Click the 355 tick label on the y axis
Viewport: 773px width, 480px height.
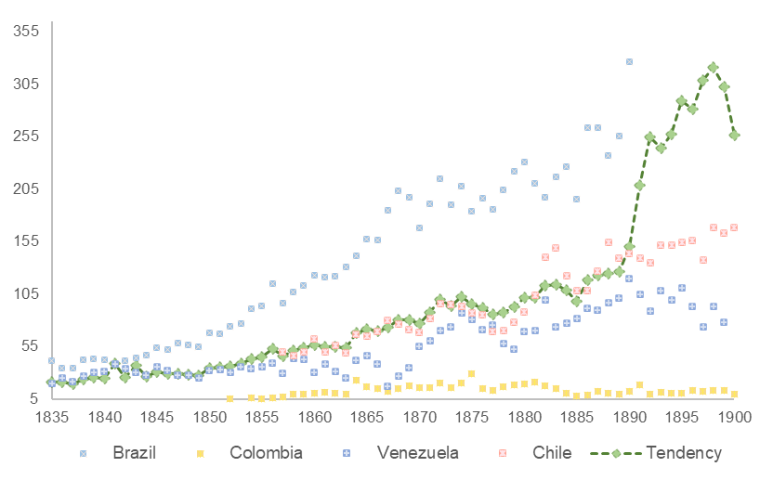[25, 32]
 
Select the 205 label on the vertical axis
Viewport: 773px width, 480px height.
[25, 188]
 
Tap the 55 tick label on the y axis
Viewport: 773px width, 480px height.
[29, 345]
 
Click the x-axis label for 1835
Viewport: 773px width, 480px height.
[51, 417]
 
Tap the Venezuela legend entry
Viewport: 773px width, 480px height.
[413, 453]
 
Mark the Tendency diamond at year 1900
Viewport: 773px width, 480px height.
[734, 135]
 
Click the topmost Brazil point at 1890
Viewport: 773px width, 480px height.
[629, 61]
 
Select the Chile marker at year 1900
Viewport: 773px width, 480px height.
[734, 227]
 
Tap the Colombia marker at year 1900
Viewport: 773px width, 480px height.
[734, 395]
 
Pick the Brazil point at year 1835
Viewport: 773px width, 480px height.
[51, 360]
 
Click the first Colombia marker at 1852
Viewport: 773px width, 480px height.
[229, 399]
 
